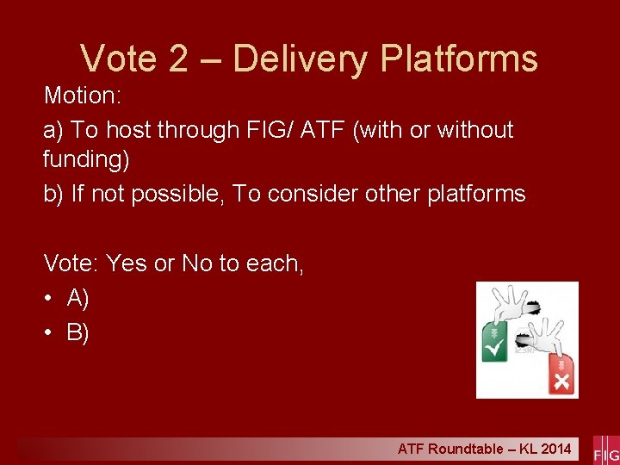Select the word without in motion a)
(x=475, y=130)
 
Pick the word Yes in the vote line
(x=127, y=263)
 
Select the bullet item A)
(x=78, y=298)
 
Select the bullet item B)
(x=78, y=332)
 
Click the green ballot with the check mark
(x=496, y=344)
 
